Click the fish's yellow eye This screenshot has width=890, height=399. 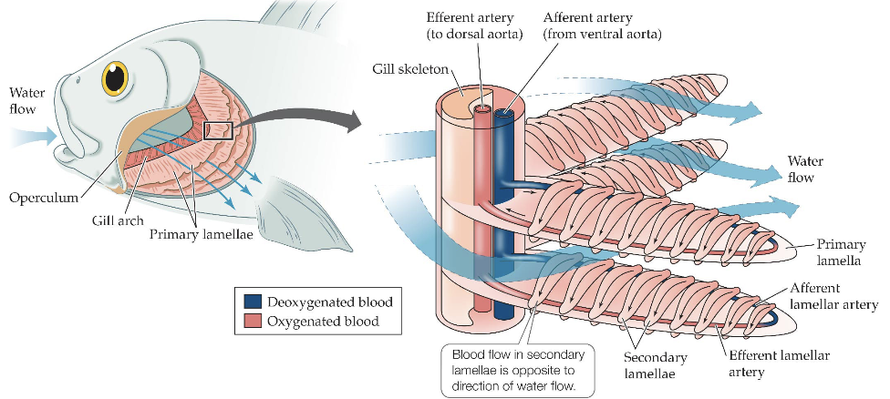[x=115, y=78]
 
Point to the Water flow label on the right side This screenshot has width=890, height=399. [x=807, y=169]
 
